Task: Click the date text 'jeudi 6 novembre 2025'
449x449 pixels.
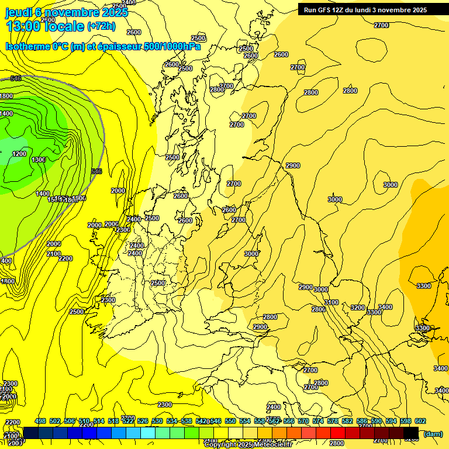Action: coord(66,12)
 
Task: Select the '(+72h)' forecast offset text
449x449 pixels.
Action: coord(101,26)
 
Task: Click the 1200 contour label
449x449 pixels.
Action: coord(19,154)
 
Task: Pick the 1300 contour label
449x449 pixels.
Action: coord(39,160)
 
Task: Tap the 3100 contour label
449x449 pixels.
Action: coord(331,302)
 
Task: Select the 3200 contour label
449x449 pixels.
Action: coord(357,308)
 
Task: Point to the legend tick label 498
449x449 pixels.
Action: coord(40,421)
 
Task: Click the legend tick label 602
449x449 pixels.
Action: coord(420,421)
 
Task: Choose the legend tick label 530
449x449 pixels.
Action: coord(157,421)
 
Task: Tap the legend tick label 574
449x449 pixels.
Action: coord(318,421)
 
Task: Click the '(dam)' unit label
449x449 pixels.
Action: coord(433,433)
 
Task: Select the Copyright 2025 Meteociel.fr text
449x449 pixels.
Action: coord(247,445)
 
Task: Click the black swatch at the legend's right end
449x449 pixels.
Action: coord(411,433)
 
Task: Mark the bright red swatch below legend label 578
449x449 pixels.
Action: coord(338,433)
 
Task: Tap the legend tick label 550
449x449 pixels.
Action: coord(230,421)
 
